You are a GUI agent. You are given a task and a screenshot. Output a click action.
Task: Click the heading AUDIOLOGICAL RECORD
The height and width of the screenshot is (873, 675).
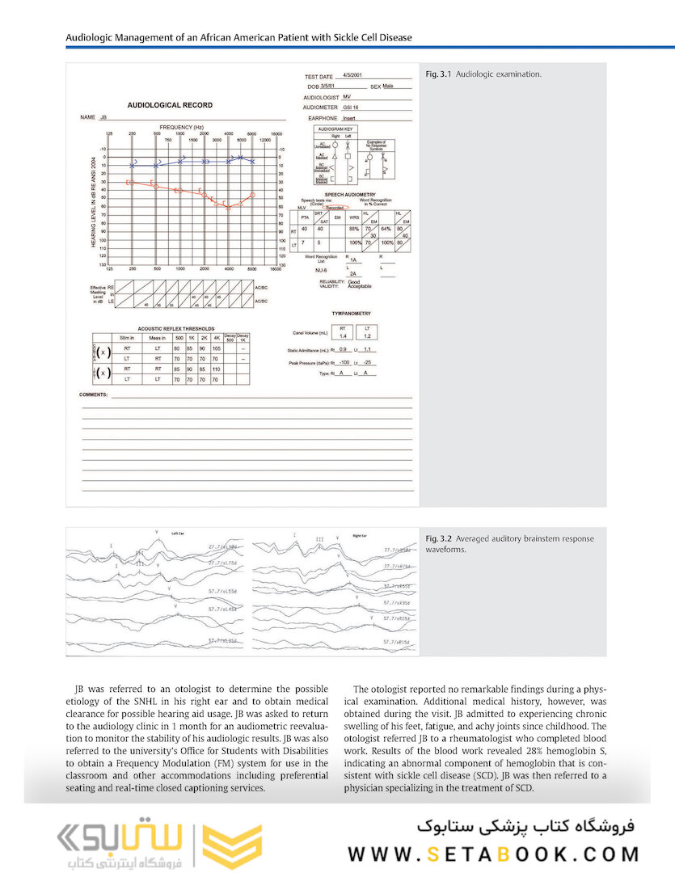170,105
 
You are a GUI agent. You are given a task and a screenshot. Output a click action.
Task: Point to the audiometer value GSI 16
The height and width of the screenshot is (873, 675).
351,107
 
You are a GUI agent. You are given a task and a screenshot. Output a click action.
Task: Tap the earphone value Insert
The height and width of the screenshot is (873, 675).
349,118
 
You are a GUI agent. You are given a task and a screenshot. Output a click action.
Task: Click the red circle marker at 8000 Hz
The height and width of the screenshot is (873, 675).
253,195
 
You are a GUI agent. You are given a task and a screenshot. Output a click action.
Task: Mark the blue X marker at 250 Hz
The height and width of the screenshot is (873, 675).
133,165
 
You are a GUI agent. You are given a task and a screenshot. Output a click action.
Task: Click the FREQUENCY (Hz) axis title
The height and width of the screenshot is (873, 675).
181,127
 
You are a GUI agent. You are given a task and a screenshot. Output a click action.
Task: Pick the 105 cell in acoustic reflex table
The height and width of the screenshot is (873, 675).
216,348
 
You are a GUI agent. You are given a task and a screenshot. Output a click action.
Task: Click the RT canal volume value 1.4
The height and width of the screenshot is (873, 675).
342,335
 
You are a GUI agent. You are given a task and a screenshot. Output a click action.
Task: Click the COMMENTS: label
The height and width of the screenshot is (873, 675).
94,394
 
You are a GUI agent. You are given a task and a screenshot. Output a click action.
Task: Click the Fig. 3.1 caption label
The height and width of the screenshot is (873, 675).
438,75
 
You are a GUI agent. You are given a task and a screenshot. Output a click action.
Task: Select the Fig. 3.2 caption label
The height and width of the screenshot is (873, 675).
438,538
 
